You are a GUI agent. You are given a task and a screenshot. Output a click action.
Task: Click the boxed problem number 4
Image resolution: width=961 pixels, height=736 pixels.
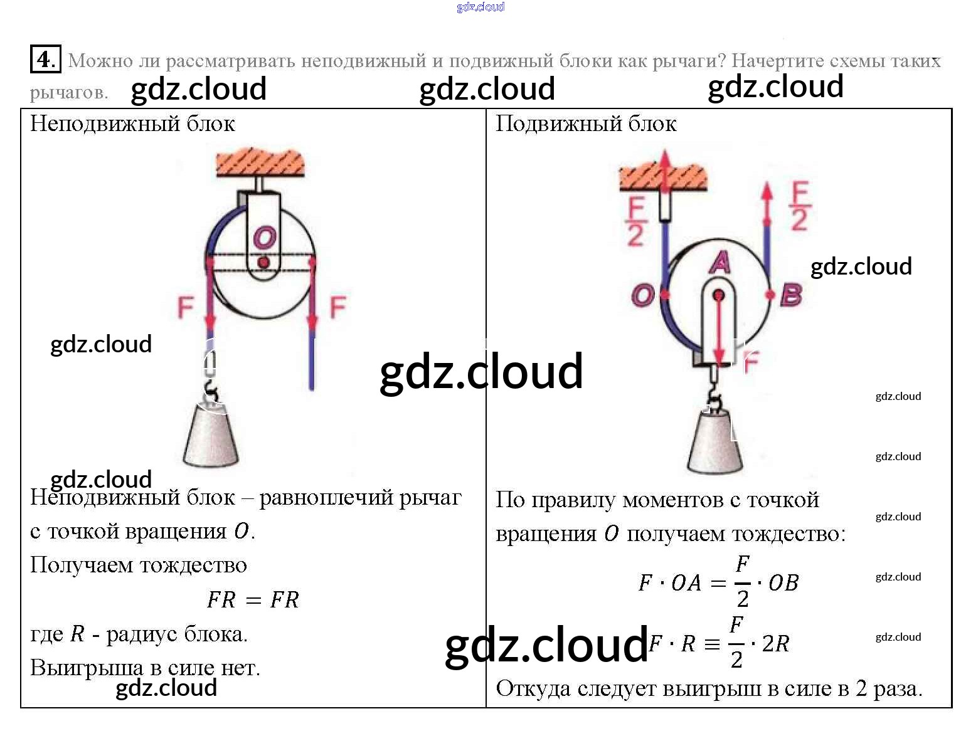(45, 59)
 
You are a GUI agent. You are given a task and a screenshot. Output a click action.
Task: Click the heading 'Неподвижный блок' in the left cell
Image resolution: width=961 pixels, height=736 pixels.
(132, 124)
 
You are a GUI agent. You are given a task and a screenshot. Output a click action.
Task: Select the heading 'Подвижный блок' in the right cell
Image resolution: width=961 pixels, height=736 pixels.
(586, 124)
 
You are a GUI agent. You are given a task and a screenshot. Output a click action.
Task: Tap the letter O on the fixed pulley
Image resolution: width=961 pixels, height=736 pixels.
(264, 238)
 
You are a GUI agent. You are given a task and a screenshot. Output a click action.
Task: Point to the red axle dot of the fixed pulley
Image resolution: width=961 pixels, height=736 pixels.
(263, 261)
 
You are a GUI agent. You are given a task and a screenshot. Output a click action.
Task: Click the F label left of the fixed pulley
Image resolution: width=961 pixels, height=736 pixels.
(186, 307)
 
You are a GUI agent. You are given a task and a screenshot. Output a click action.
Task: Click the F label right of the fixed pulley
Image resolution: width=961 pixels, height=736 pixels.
(337, 307)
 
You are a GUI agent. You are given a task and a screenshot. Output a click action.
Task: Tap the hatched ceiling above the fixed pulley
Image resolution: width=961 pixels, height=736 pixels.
(260, 162)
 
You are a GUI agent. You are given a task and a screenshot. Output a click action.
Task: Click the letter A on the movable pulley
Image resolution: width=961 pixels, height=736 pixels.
(719, 262)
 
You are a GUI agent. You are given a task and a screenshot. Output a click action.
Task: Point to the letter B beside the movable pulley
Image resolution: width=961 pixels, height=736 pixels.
(791, 295)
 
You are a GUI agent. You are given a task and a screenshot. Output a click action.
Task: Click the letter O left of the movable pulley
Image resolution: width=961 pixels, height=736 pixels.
(642, 295)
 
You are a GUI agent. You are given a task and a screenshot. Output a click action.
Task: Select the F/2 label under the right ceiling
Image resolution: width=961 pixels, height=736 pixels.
(636, 221)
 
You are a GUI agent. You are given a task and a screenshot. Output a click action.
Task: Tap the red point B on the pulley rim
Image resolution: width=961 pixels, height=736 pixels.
(770, 295)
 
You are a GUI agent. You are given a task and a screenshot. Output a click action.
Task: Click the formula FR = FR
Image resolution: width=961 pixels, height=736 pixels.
(253, 600)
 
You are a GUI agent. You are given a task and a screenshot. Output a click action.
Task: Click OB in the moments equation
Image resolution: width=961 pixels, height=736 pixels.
(783, 583)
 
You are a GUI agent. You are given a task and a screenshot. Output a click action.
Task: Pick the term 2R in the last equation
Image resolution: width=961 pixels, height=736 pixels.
(775, 643)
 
